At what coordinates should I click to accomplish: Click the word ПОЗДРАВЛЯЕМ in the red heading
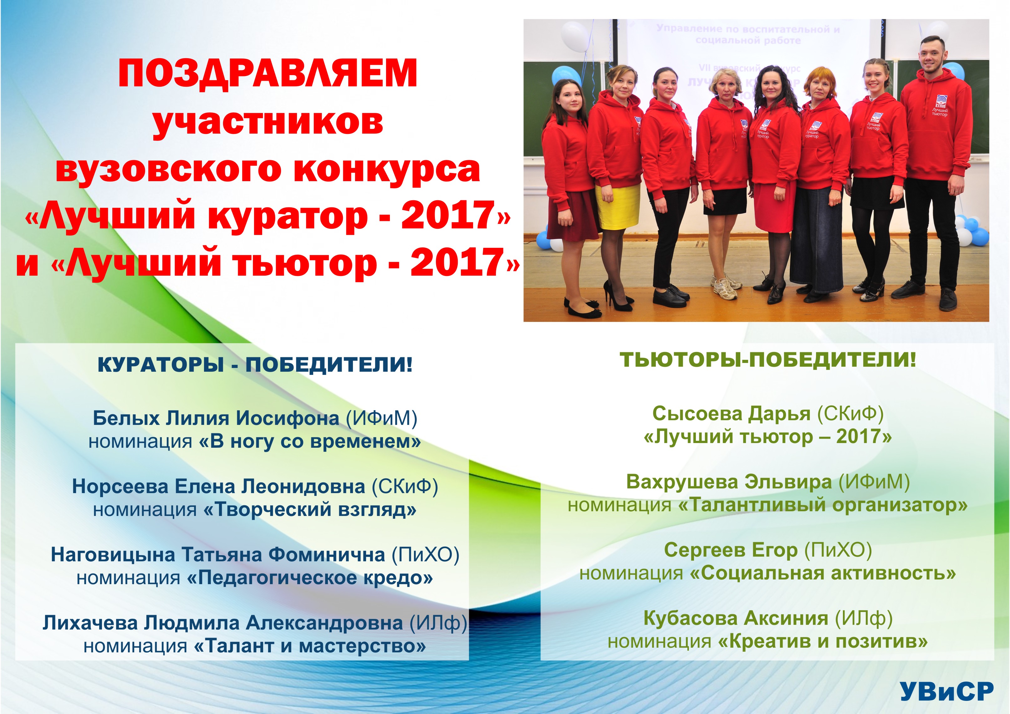[x=268, y=74]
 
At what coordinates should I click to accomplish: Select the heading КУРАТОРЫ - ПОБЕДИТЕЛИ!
[x=255, y=365]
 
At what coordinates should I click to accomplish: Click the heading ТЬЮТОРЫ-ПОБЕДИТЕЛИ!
[x=768, y=360]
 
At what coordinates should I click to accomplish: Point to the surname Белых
[x=126, y=418]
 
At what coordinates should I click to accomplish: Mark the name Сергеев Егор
[x=731, y=550]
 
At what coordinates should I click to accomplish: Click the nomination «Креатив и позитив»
[x=823, y=641]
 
